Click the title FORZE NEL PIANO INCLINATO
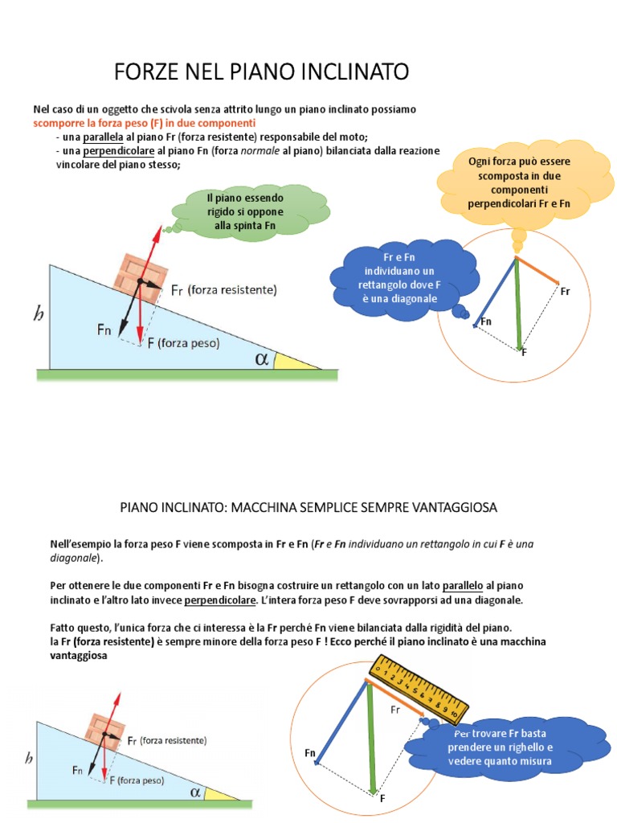click(x=261, y=72)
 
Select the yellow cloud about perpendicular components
click(x=519, y=182)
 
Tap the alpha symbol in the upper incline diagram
click(x=261, y=358)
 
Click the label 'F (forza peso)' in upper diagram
click(x=182, y=342)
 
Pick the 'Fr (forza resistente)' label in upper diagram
click(x=224, y=289)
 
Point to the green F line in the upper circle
click(x=519, y=303)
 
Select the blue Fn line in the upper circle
click(x=495, y=290)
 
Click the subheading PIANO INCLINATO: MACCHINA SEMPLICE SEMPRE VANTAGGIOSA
click(x=308, y=508)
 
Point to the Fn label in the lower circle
click(x=310, y=752)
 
